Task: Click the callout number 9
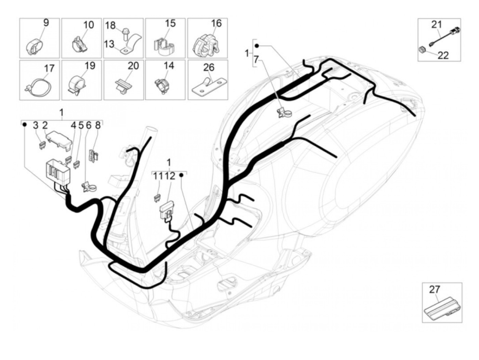[x=46, y=23]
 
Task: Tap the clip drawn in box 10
[x=81, y=45]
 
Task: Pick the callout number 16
[x=216, y=23]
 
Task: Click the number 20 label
[x=133, y=65]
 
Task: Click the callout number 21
[x=436, y=24]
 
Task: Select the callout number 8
[x=98, y=126]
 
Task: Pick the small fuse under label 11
[x=158, y=198]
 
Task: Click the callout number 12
[x=170, y=176]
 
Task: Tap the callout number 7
[x=256, y=60]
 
